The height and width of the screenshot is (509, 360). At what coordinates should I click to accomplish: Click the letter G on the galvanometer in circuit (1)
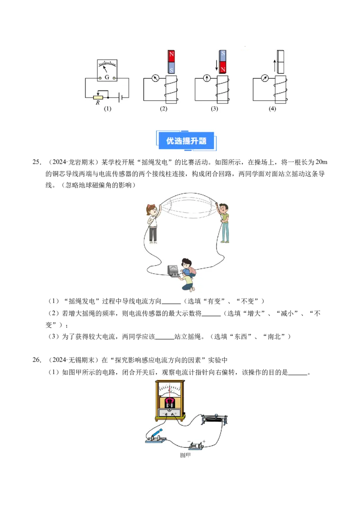tap(107, 78)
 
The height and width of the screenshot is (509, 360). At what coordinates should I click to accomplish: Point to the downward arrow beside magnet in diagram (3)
tap(216, 65)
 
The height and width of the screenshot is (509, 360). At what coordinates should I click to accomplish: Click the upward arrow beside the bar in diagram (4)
tap(274, 67)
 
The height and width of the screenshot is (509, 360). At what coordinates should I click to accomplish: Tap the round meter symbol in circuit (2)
tap(156, 78)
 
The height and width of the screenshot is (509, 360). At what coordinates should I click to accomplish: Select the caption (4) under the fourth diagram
tap(272, 108)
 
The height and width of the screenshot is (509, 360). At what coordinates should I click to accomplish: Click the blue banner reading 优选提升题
tap(186, 141)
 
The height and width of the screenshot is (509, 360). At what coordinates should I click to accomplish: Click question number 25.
tap(37, 162)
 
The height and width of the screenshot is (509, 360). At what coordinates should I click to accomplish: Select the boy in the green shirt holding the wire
tap(224, 223)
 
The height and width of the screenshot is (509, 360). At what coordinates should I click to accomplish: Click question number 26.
tap(37, 360)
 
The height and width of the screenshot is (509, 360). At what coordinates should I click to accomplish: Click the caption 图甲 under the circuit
tap(185, 455)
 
